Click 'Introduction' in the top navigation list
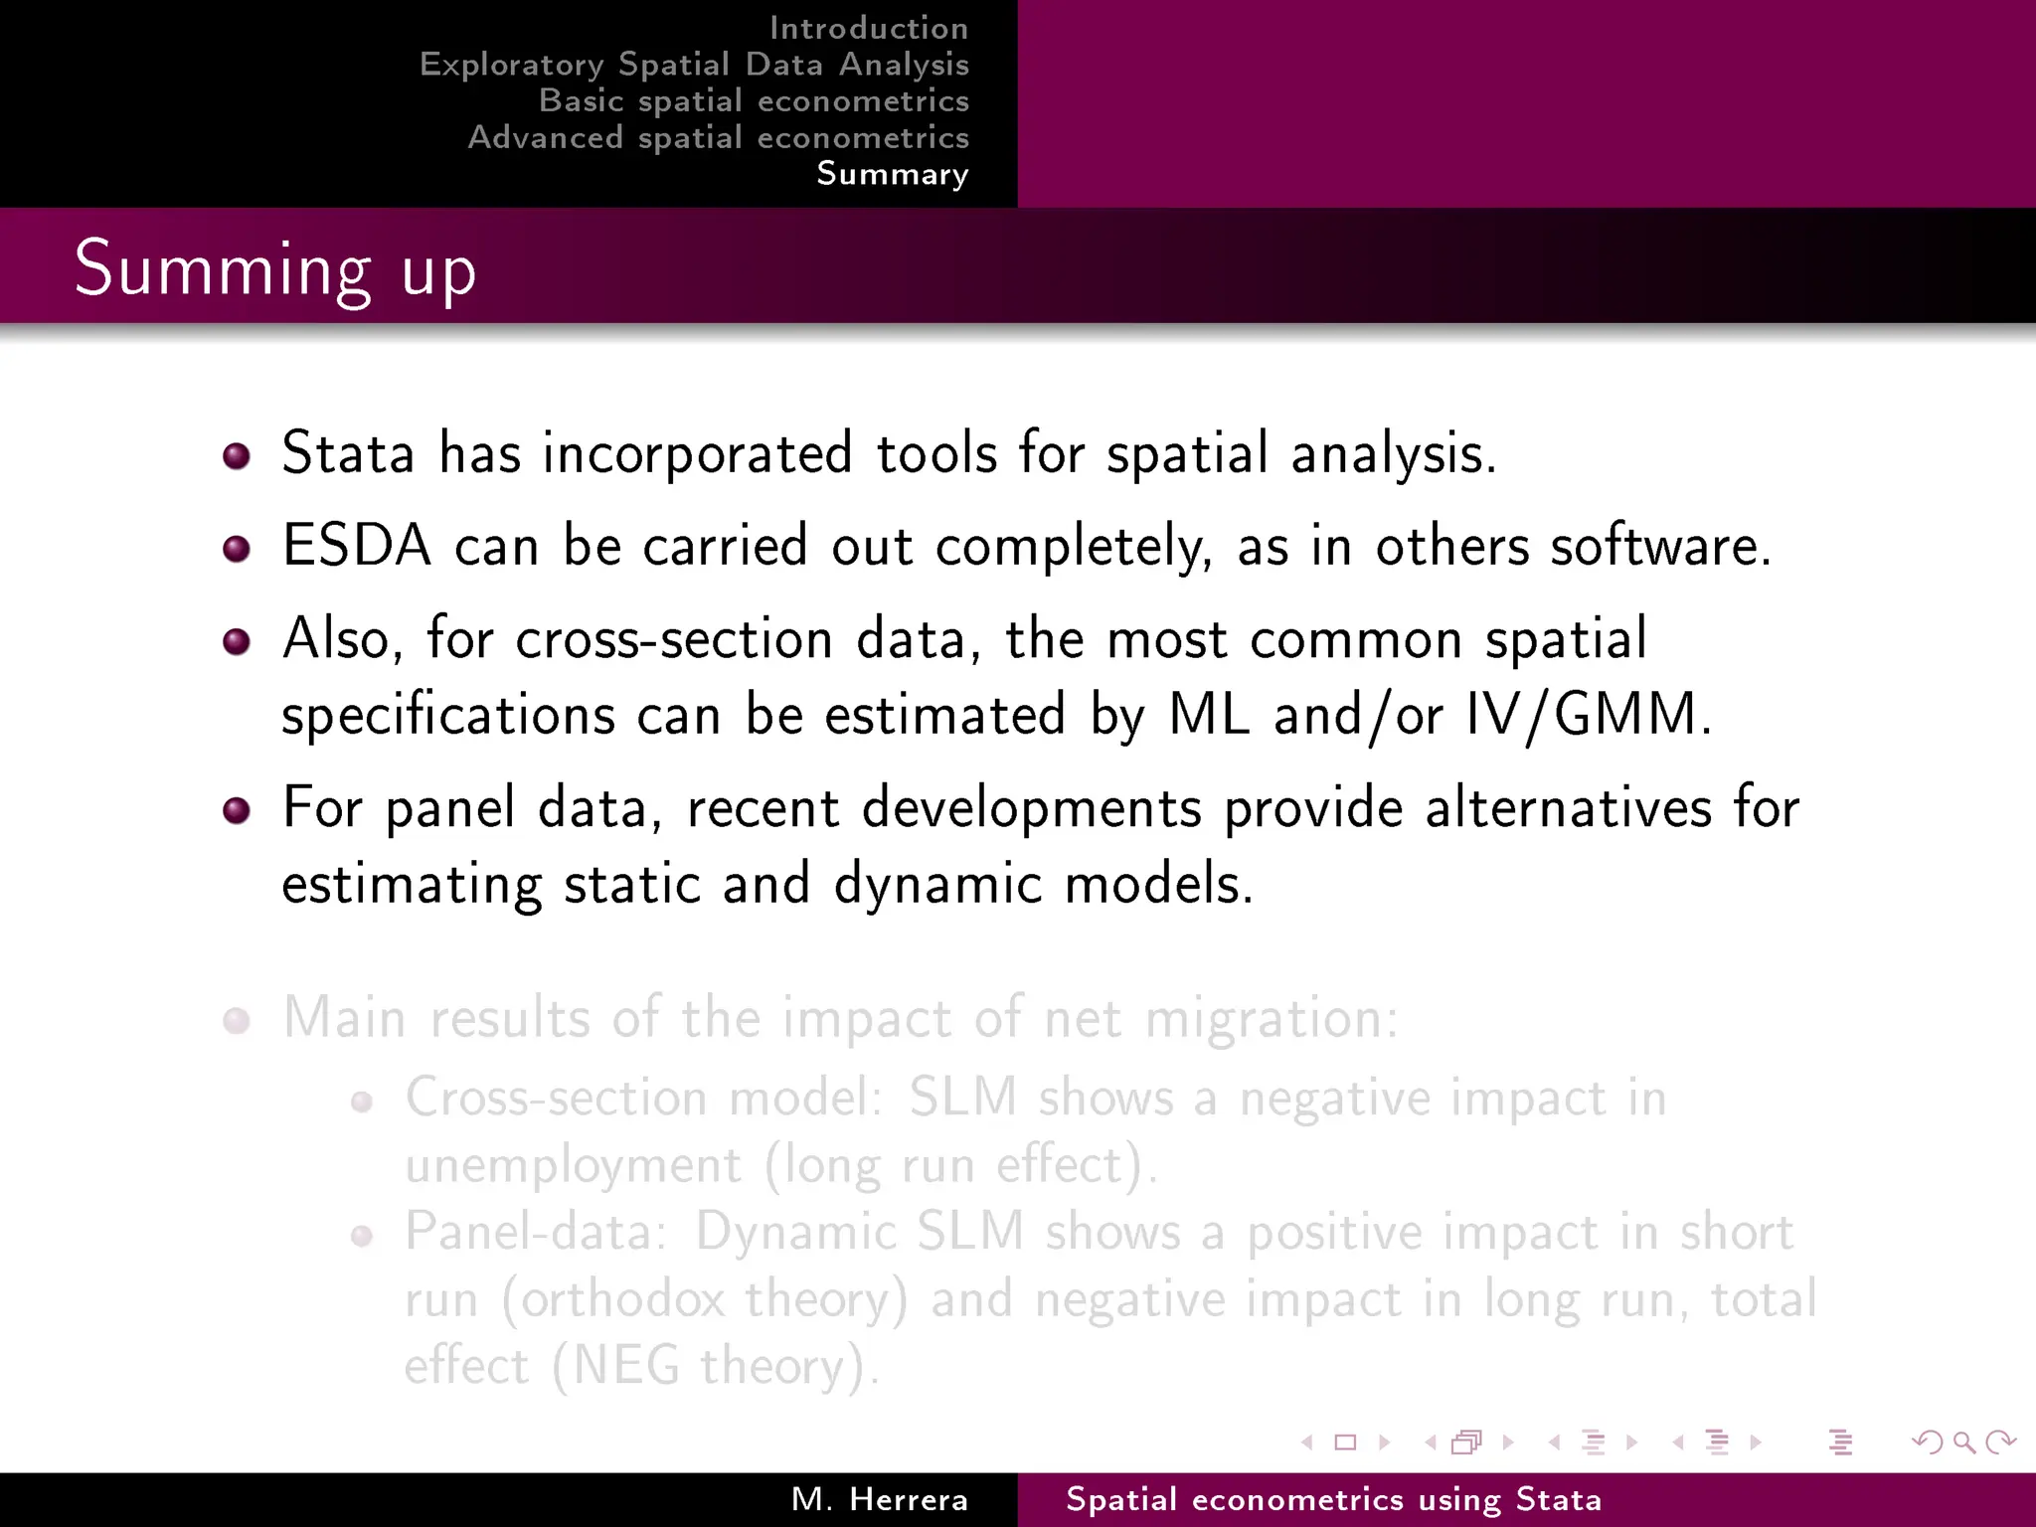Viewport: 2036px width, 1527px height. coord(868,28)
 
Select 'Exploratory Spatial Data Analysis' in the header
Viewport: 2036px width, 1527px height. coord(694,65)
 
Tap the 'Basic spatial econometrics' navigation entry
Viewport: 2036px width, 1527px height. coord(754,100)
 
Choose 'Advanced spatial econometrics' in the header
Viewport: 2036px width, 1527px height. coord(718,137)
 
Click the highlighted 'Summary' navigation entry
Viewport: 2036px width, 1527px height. coord(892,174)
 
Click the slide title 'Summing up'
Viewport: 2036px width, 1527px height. coord(275,268)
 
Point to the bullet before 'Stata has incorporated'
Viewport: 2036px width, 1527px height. coord(237,456)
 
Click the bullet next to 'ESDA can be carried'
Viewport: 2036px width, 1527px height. coord(237,549)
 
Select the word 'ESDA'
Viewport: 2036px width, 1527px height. coord(357,546)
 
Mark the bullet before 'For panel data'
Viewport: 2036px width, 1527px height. coord(237,810)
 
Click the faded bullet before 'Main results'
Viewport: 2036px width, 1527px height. coord(237,1021)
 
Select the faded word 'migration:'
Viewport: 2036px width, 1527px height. coord(1272,1019)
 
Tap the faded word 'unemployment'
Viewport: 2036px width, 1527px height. coord(574,1165)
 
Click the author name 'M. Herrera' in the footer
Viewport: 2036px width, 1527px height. coord(879,1499)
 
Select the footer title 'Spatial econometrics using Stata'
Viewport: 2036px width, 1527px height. coord(1333,1499)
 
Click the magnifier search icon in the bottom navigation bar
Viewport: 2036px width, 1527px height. coord(1963,1442)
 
